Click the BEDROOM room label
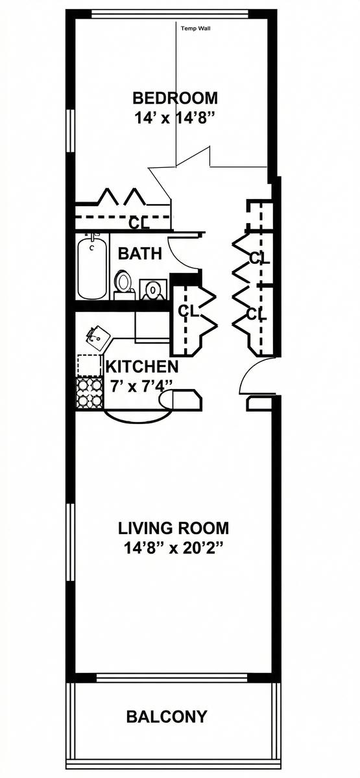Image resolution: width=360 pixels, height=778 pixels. click(x=175, y=98)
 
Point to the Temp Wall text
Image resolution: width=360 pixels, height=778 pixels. click(x=196, y=29)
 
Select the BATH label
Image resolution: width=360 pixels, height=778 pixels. click(x=140, y=253)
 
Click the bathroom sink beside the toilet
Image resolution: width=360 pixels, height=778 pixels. click(x=153, y=289)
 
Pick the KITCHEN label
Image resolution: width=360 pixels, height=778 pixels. click(x=142, y=367)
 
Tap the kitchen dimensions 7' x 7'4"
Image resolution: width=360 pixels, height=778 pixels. click(x=141, y=386)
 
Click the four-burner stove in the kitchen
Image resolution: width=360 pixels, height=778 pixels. click(x=90, y=392)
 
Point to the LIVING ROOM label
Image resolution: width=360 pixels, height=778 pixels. click(x=174, y=528)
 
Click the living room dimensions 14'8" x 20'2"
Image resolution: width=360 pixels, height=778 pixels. click(x=173, y=549)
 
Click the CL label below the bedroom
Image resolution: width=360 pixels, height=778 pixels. click(x=139, y=222)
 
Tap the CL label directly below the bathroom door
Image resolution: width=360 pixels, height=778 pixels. click(x=188, y=311)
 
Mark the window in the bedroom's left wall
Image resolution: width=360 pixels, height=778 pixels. click(x=71, y=131)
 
